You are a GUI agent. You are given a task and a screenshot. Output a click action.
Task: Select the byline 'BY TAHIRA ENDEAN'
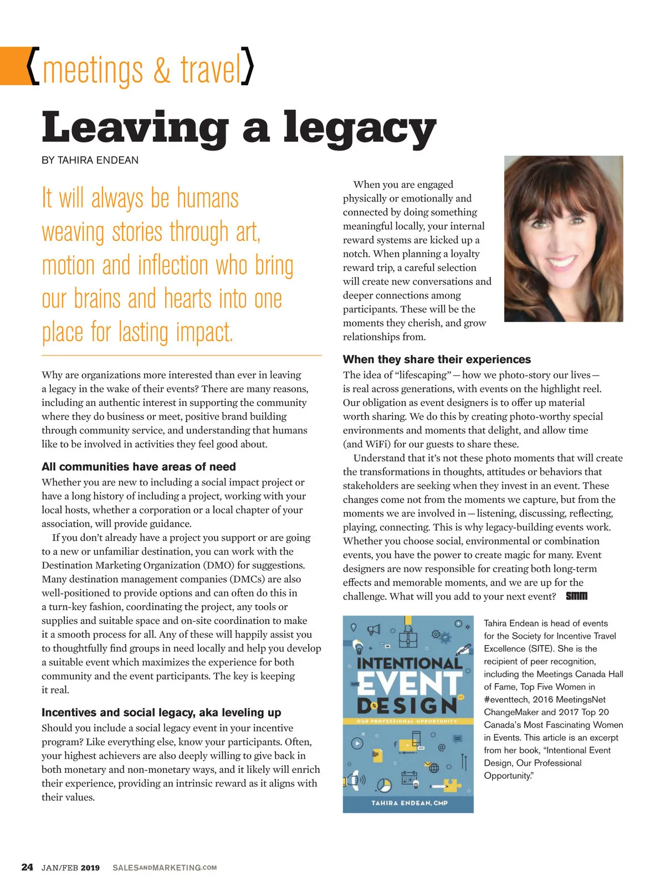(90, 161)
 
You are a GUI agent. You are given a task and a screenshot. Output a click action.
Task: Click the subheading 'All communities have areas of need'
(139, 467)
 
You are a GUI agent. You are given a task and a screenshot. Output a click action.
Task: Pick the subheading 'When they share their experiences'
(437, 359)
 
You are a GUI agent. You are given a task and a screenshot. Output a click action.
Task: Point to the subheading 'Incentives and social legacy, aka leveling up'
(161, 713)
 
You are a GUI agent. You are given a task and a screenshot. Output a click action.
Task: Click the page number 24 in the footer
(27, 867)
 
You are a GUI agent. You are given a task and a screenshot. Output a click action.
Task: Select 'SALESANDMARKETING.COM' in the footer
(165, 868)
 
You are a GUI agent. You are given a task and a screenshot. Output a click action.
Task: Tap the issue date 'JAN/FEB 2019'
(70, 868)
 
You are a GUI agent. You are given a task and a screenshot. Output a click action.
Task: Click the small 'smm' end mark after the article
(576, 596)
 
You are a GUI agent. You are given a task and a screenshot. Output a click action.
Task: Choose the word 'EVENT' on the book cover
(408, 684)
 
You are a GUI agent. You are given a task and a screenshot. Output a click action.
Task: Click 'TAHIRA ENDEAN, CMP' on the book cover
(410, 803)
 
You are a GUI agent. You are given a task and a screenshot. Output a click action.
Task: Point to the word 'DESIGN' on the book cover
(407, 706)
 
